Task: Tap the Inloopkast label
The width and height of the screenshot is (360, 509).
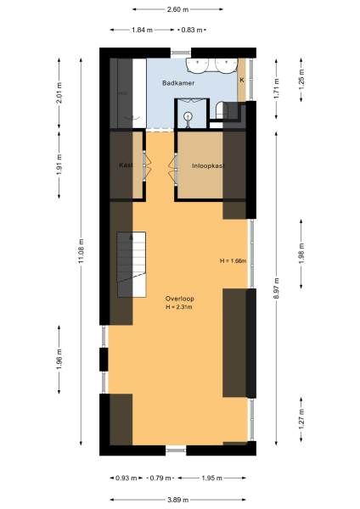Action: [208, 165]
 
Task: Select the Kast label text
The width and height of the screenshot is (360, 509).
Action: [126, 165]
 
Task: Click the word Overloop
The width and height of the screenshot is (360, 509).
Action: [179, 299]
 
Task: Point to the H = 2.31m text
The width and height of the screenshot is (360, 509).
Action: [179, 307]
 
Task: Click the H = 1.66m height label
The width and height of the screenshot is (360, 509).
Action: [232, 260]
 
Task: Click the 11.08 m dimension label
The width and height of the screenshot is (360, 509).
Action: [82, 249]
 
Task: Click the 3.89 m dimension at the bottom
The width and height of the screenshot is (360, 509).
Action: [177, 500]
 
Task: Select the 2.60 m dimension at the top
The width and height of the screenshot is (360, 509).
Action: [177, 9]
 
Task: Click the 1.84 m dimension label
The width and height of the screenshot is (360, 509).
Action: [142, 30]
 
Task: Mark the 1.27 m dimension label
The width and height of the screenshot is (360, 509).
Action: [302, 421]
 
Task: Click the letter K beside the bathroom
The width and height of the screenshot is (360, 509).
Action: [242, 80]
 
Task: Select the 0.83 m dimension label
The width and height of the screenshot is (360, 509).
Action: [194, 30]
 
